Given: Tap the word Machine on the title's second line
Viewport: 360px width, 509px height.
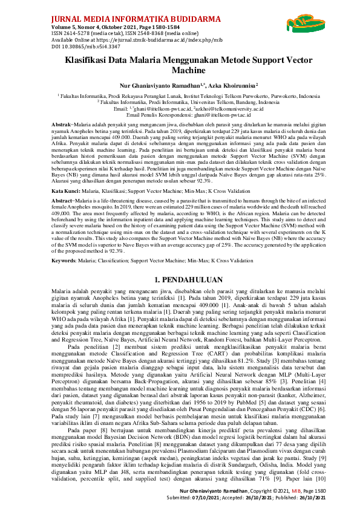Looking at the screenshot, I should [x=180, y=71].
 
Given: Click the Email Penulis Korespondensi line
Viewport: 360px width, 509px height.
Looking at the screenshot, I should [x=180, y=114].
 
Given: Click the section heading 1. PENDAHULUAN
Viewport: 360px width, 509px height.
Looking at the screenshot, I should [x=180, y=280].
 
